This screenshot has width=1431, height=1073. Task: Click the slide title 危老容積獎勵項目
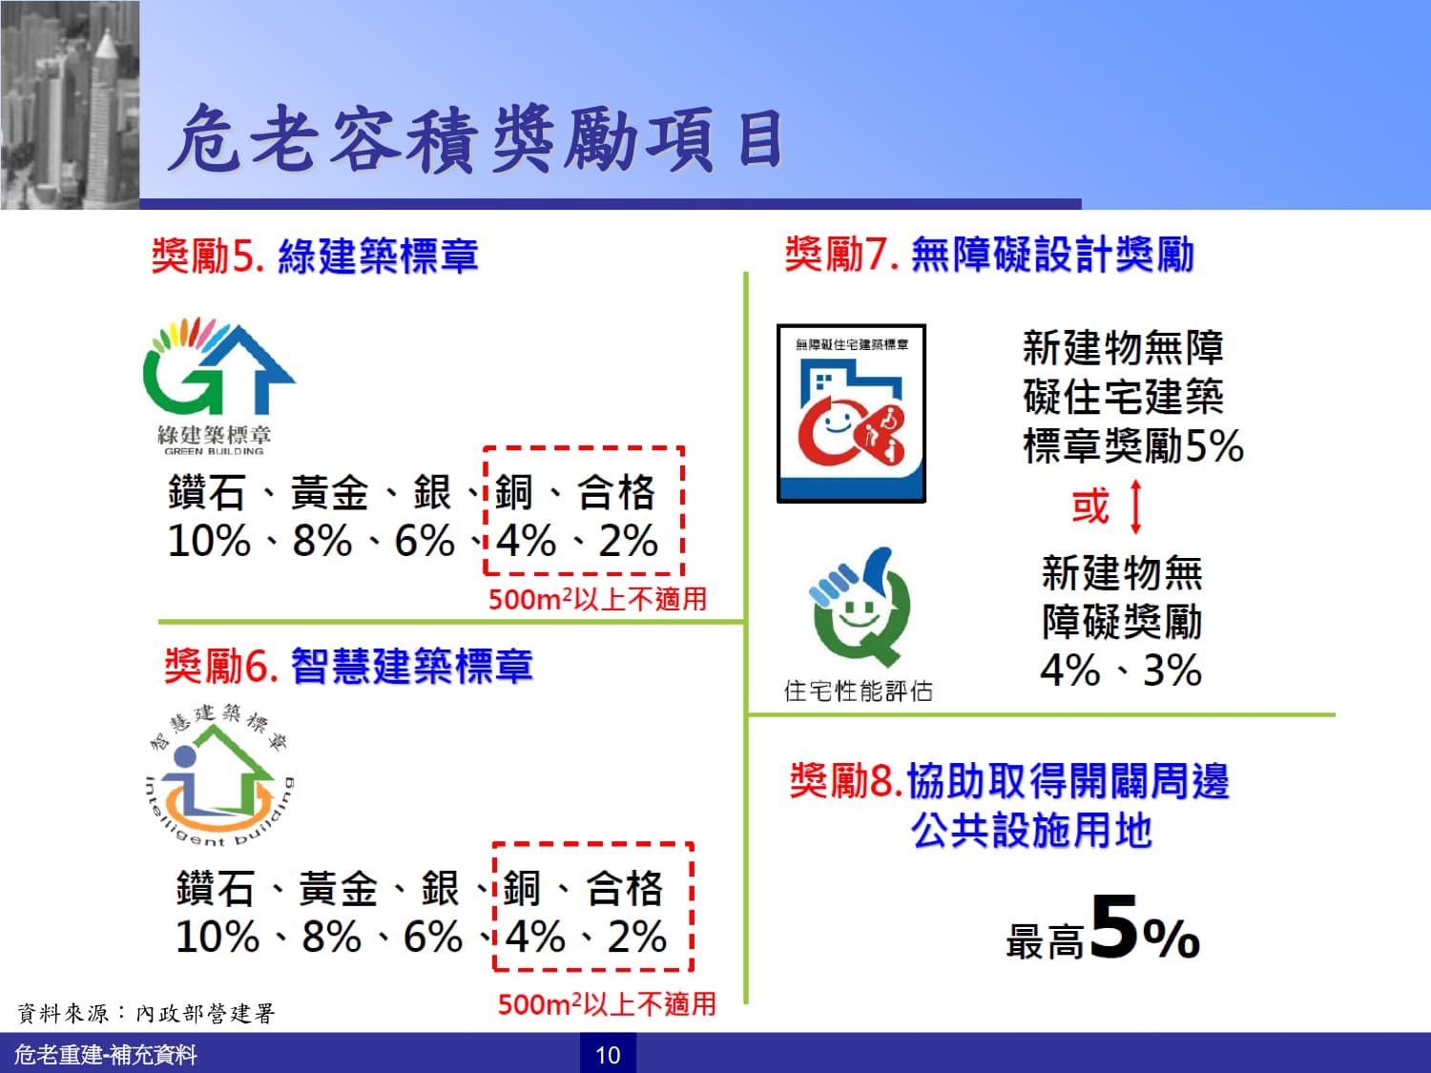pos(477,139)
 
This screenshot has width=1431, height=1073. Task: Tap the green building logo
pos(218,385)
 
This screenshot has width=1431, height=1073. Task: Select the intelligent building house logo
pos(219,775)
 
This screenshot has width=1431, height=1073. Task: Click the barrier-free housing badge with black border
pos(851,414)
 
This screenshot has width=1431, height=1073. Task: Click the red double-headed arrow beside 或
pos(1135,506)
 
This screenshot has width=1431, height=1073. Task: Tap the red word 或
pos(1090,506)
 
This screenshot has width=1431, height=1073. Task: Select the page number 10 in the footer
pos(608,1055)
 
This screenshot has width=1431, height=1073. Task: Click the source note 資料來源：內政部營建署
pos(146,1013)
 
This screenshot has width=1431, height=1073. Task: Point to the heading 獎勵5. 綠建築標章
pos(315,256)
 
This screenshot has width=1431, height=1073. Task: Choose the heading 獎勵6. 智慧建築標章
pos(349,666)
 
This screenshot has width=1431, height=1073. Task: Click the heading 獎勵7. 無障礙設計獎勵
pos(989,254)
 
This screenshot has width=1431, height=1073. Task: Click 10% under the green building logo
pos(209,541)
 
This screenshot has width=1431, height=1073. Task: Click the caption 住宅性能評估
pos(858,691)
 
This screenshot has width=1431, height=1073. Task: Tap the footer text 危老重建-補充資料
pos(105,1054)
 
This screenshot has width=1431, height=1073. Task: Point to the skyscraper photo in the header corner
pos(70,105)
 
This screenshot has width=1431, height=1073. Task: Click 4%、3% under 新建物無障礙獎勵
pos(1121,670)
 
